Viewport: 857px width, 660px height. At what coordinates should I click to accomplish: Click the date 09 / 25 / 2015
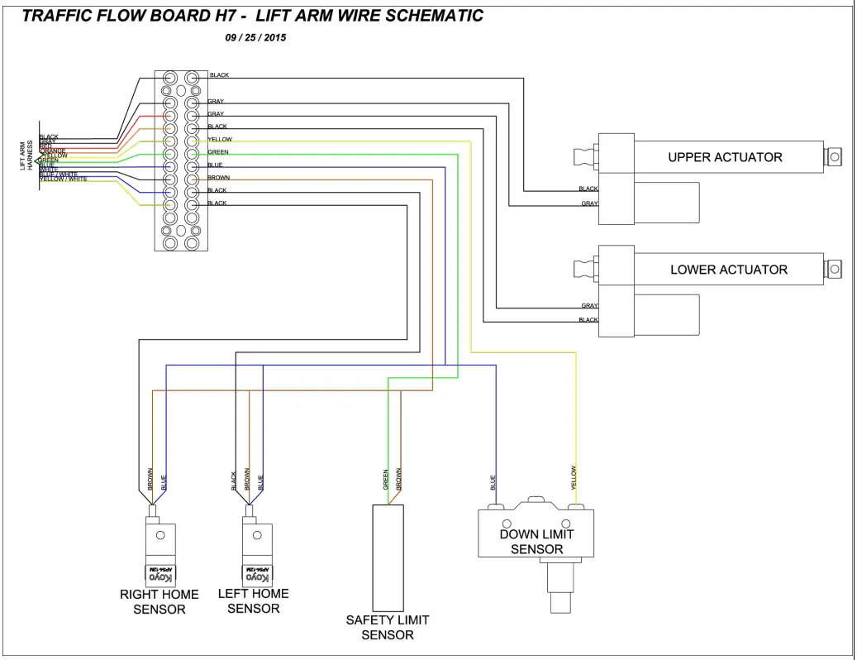[x=255, y=38]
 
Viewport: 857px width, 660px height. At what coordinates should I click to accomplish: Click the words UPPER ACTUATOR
[x=725, y=157]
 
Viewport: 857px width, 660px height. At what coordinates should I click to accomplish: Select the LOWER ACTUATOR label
[x=728, y=270]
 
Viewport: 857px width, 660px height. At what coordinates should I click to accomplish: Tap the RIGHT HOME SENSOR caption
[x=159, y=601]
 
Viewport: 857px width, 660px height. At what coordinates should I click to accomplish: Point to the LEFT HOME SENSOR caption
[x=253, y=600]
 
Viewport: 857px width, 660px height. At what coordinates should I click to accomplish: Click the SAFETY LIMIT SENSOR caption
[x=388, y=627]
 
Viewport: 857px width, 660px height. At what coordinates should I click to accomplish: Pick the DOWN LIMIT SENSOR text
[x=536, y=542]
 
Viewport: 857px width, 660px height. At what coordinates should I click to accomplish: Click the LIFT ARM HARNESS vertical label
[x=26, y=155]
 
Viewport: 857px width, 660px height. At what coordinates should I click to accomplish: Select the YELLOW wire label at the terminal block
[x=220, y=140]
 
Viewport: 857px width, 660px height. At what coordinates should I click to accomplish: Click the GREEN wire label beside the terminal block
[x=218, y=152]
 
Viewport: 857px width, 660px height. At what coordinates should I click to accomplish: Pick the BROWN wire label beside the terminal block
[x=219, y=178]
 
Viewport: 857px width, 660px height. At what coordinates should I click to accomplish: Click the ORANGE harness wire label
[x=52, y=151]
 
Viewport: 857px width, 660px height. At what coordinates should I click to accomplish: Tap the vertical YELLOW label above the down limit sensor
[x=574, y=478]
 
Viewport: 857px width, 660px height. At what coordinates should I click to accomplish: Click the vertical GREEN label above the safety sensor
[x=386, y=481]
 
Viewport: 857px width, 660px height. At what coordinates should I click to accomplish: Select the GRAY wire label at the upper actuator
[x=589, y=203]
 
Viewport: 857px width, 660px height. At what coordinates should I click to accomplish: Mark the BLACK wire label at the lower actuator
[x=588, y=320]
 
